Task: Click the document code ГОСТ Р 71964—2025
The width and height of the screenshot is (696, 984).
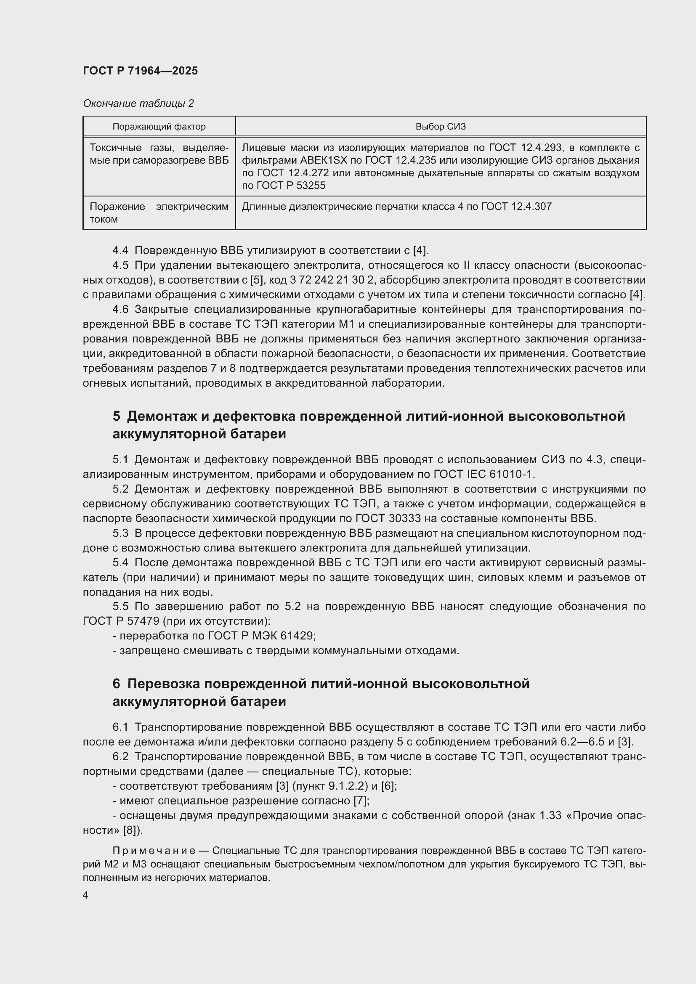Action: point(140,71)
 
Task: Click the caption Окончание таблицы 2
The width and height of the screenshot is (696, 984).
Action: point(138,103)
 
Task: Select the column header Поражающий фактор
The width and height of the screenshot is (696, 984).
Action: point(159,127)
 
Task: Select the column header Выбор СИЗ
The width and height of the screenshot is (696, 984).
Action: point(440,127)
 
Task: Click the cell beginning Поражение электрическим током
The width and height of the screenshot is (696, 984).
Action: point(159,212)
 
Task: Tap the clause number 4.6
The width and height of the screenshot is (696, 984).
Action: point(120,310)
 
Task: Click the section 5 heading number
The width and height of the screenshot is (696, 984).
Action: point(116,416)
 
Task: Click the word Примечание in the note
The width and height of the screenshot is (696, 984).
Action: point(154,851)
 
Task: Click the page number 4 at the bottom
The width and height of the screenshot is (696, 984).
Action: point(86,895)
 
